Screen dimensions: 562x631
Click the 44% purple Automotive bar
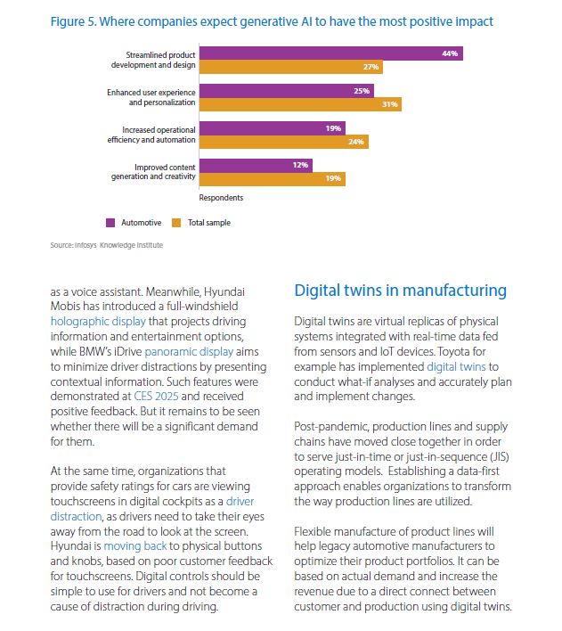331,53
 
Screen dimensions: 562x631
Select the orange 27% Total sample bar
291,67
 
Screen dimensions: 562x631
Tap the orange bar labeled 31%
300,104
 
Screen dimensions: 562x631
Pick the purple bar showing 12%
256,166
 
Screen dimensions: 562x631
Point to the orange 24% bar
284,142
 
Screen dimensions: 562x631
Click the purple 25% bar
287,91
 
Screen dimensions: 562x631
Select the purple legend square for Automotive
110,223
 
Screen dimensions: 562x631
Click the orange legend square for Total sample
176,223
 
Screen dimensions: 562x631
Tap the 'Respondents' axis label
221,198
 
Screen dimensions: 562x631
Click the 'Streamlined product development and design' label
153,60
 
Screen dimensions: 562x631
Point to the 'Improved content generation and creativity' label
153,172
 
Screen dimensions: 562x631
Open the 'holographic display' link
98,322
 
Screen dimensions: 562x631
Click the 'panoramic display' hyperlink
189,352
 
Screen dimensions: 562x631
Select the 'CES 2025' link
156,397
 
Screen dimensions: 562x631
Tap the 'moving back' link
135,546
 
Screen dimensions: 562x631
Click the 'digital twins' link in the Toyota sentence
456,367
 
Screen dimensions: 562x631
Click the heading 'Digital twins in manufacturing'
400,291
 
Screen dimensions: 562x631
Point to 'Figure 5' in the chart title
73,21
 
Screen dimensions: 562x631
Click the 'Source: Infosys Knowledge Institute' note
107,245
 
